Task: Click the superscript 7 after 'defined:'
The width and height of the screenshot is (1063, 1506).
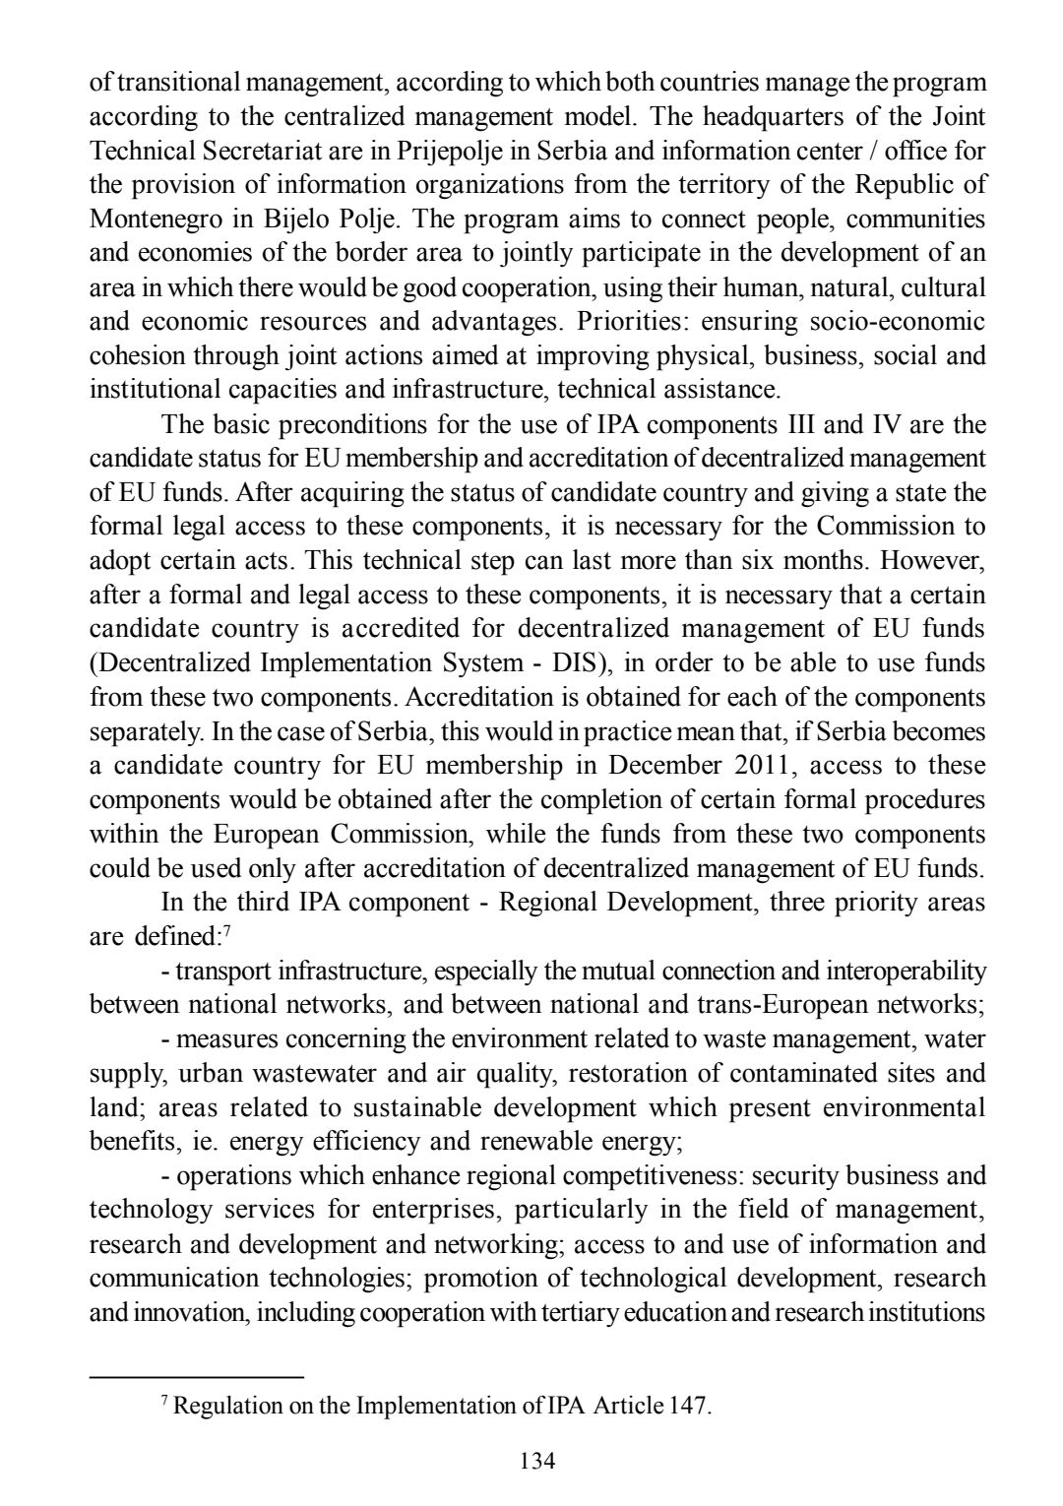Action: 227,931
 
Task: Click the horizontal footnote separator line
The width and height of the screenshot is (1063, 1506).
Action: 196,1376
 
